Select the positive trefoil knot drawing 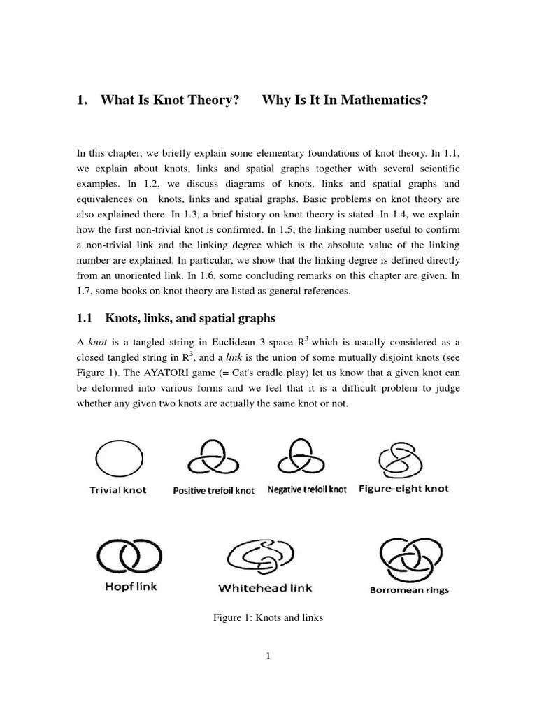[213, 459]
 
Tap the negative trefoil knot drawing [306, 459]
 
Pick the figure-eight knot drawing [401, 458]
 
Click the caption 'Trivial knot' [118, 490]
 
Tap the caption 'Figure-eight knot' [403, 489]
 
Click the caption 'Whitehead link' [262, 589]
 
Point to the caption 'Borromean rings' [409, 589]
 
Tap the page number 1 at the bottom [268, 656]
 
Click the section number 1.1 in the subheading [84, 319]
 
